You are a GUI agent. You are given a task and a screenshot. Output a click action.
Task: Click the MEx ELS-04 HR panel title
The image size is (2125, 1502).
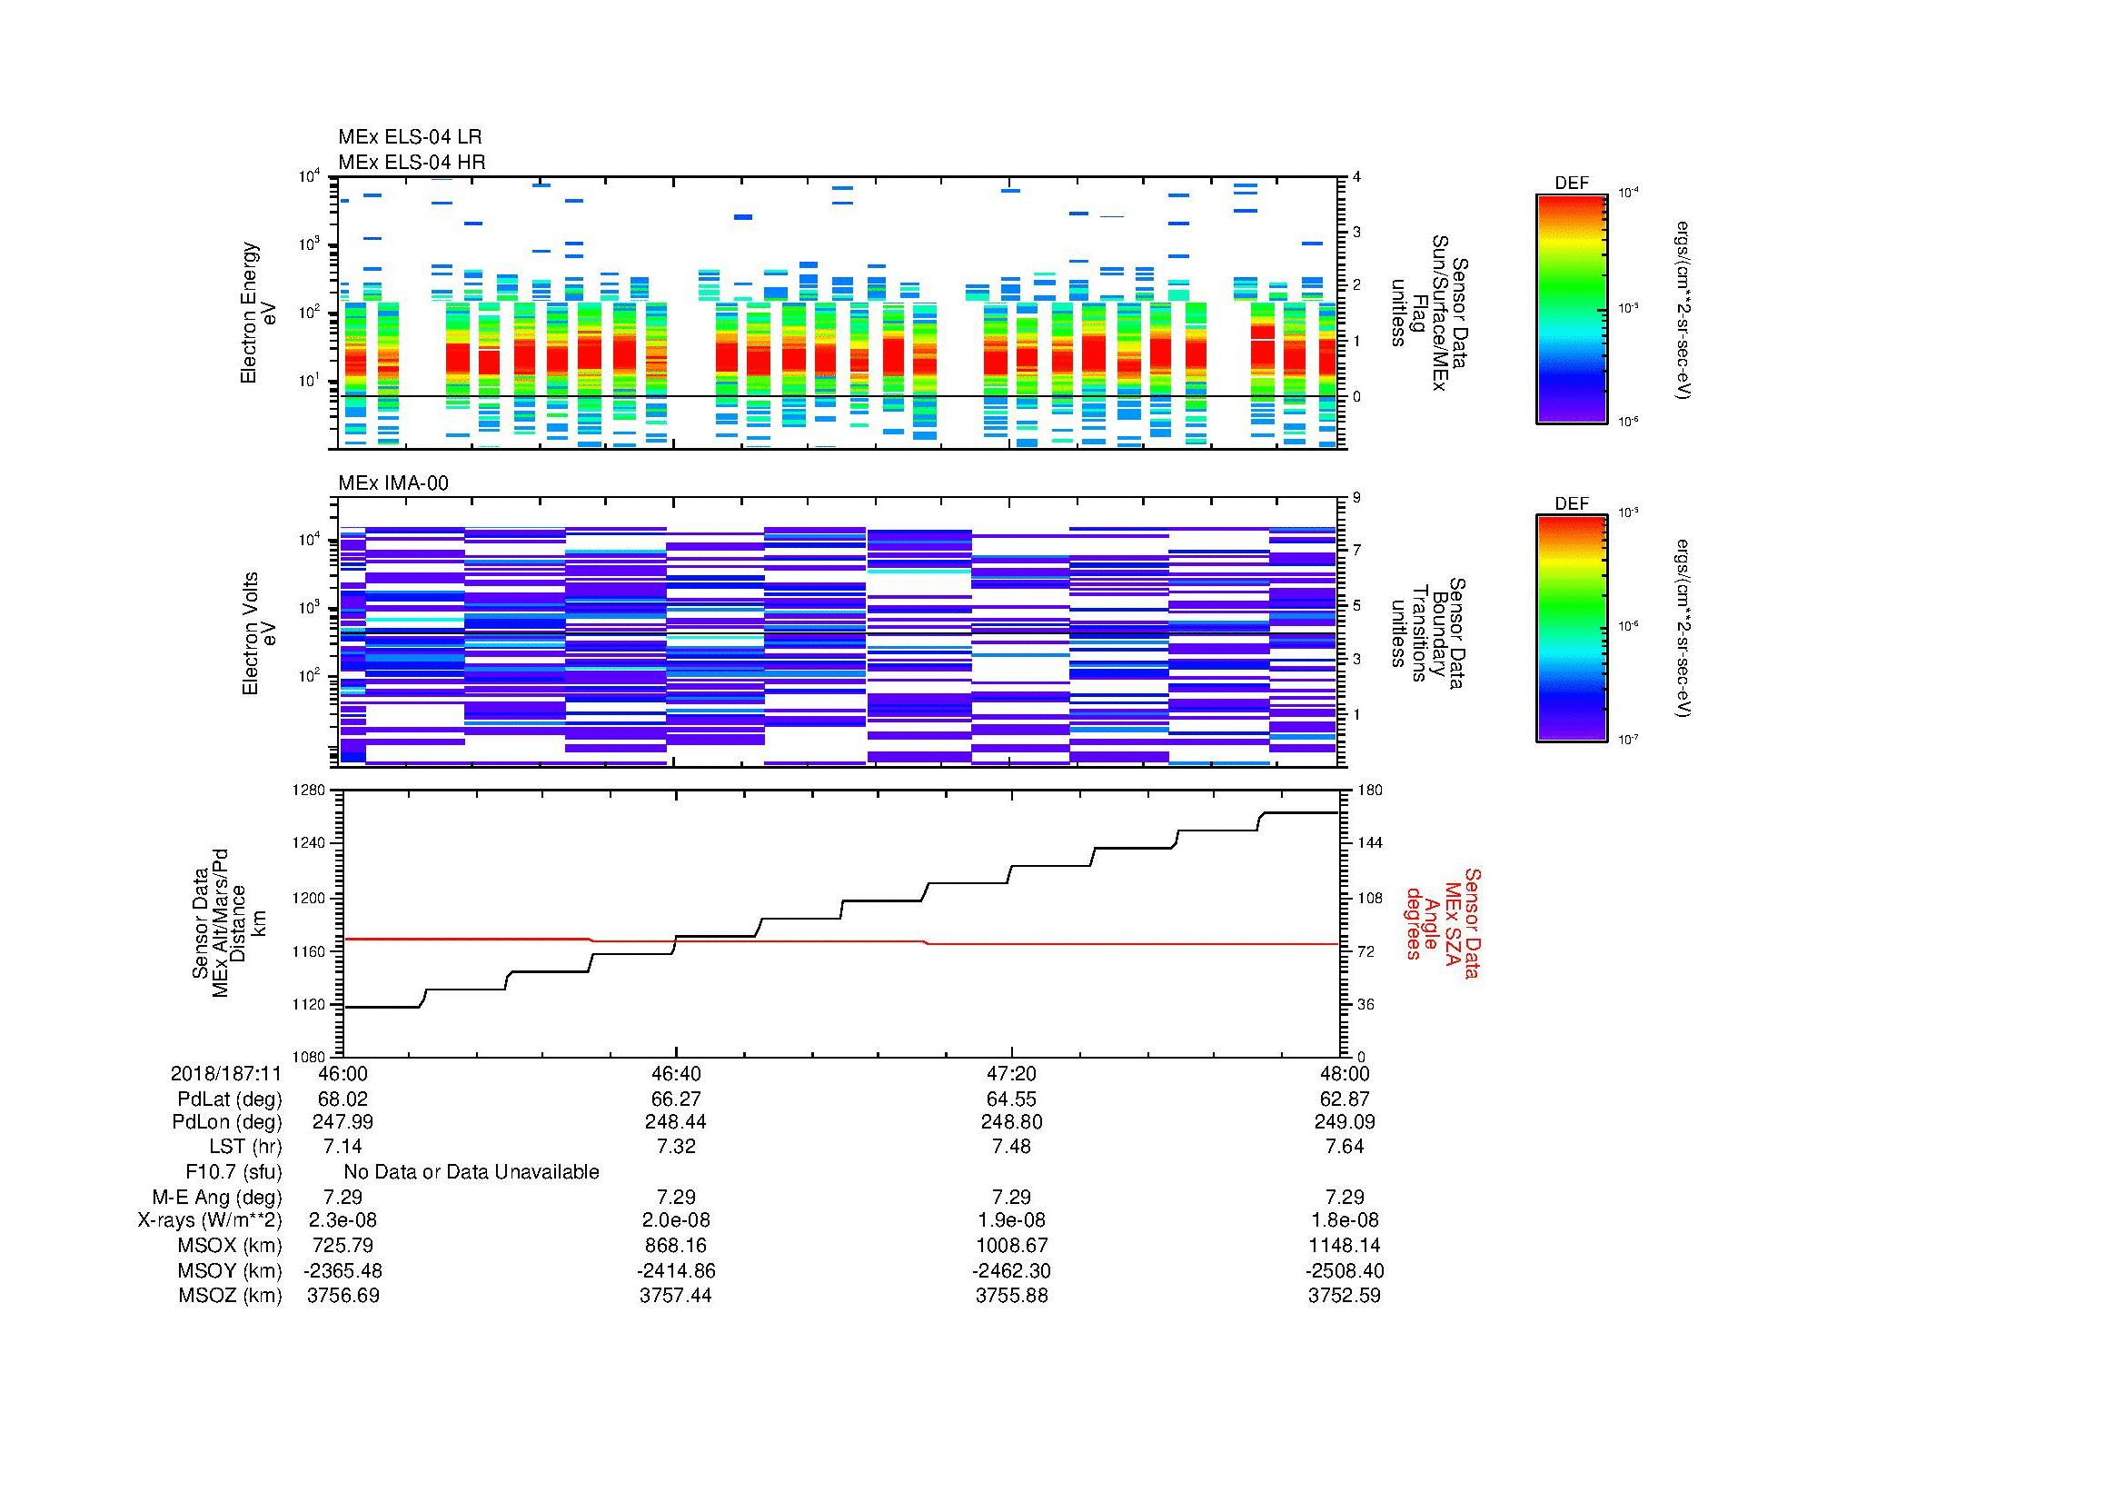pyautogui.click(x=412, y=162)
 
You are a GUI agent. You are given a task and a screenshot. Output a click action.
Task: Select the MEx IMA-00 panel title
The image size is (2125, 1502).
pyautogui.click(x=392, y=483)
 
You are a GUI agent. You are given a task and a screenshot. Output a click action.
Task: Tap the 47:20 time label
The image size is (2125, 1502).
pyautogui.click(x=1011, y=1073)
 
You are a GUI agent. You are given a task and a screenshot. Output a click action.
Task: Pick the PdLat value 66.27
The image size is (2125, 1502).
pyautogui.click(x=676, y=1099)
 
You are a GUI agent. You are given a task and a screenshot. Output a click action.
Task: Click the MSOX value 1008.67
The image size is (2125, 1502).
pyautogui.click(x=1011, y=1245)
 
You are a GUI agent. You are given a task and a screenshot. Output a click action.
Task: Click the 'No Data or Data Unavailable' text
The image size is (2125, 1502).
pyautogui.click(x=472, y=1171)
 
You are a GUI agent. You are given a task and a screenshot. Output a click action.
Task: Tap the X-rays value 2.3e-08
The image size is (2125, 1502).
pyautogui.click(x=343, y=1220)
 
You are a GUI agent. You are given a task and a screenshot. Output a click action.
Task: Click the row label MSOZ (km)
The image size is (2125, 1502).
pyautogui.click(x=230, y=1296)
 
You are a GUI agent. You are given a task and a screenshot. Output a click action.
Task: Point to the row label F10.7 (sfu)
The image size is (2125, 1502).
pyautogui.click(x=233, y=1171)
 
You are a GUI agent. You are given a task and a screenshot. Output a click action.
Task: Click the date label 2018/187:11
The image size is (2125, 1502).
pyautogui.click(x=226, y=1073)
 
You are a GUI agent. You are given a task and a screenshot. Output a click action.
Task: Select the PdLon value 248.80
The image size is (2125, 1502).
pyautogui.click(x=1011, y=1121)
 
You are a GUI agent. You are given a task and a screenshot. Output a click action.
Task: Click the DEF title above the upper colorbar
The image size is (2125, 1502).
pyautogui.click(x=1572, y=184)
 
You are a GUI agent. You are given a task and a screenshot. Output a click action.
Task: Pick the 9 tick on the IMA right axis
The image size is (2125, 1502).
pyautogui.click(x=1356, y=498)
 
